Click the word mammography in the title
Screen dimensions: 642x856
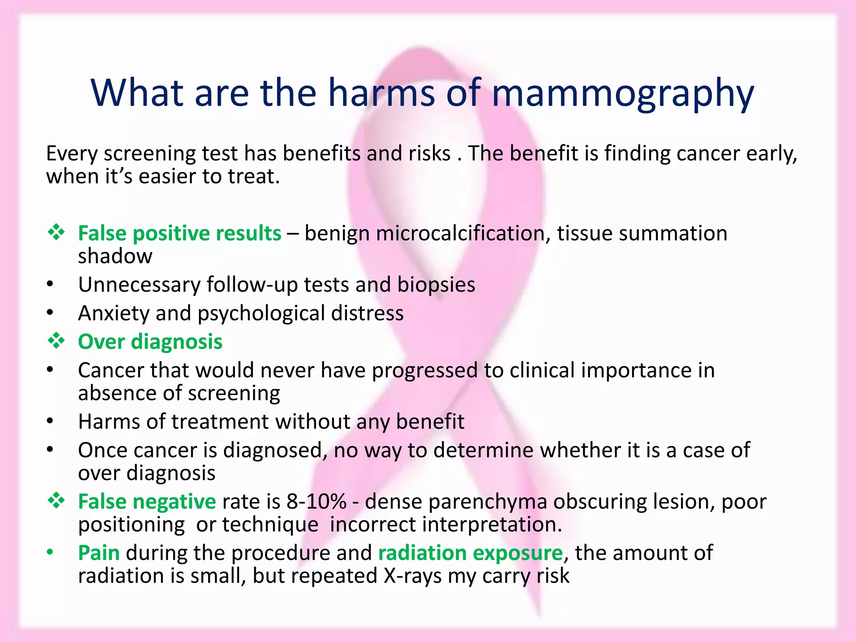click(x=623, y=94)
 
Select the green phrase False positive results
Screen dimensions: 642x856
click(x=180, y=233)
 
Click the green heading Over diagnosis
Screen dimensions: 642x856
click(x=150, y=342)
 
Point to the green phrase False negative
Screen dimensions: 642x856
click(x=147, y=502)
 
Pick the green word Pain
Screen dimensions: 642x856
click(x=99, y=553)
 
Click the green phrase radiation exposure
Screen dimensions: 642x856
click(x=471, y=553)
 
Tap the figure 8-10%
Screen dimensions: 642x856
click(x=316, y=502)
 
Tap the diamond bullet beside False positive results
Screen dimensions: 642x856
click(x=56, y=232)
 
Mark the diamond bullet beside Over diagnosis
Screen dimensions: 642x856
click(x=56, y=341)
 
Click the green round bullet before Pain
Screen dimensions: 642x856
click(x=50, y=553)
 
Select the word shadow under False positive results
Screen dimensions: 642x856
click(x=115, y=256)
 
